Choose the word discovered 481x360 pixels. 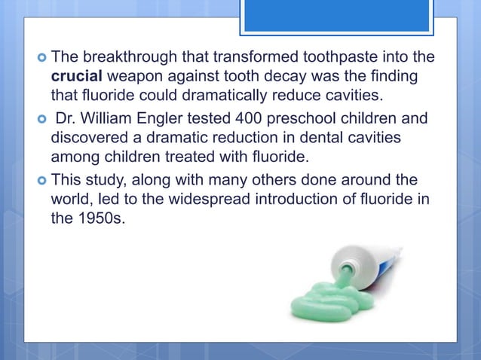click(87, 137)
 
